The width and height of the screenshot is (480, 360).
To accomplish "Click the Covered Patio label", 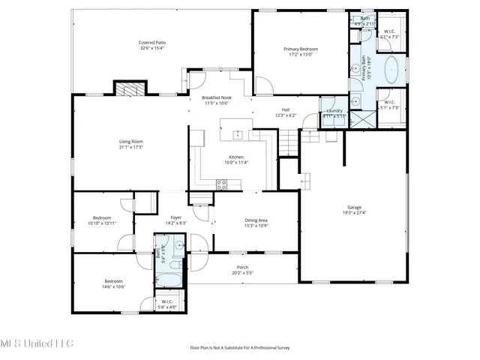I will pyautogui.click(x=152, y=43).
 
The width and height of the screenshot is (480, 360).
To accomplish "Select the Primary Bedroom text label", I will pyautogui.click(x=300, y=49).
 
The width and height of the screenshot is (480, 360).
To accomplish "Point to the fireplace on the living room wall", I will pyautogui.click(x=126, y=88).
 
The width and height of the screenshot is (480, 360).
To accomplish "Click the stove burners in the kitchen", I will pyautogui.click(x=223, y=183).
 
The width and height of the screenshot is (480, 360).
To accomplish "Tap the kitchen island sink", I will pyautogui.click(x=237, y=135).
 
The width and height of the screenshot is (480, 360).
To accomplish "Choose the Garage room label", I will pyautogui.click(x=355, y=207).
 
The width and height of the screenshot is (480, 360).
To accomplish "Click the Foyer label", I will pyautogui.click(x=175, y=217).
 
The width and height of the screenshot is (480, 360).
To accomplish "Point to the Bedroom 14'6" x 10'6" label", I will pyautogui.click(x=114, y=281).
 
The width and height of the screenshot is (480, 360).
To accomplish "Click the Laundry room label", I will pyautogui.click(x=334, y=110).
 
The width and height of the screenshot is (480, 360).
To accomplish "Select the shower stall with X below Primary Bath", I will pyautogui.click(x=364, y=118).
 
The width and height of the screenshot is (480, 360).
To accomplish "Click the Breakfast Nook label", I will pyautogui.click(x=216, y=98).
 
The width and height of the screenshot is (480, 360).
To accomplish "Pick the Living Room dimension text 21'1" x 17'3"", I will pyautogui.click(x=131, y=147).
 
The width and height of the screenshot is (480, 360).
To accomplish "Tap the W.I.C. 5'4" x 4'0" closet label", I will pyautogui.click(x=167, y=305).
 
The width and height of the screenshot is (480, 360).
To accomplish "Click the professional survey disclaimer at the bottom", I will pyautogui.click(x=239, y=347).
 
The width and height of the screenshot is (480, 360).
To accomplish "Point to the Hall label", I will pyautogui.click(x=286, y=110).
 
